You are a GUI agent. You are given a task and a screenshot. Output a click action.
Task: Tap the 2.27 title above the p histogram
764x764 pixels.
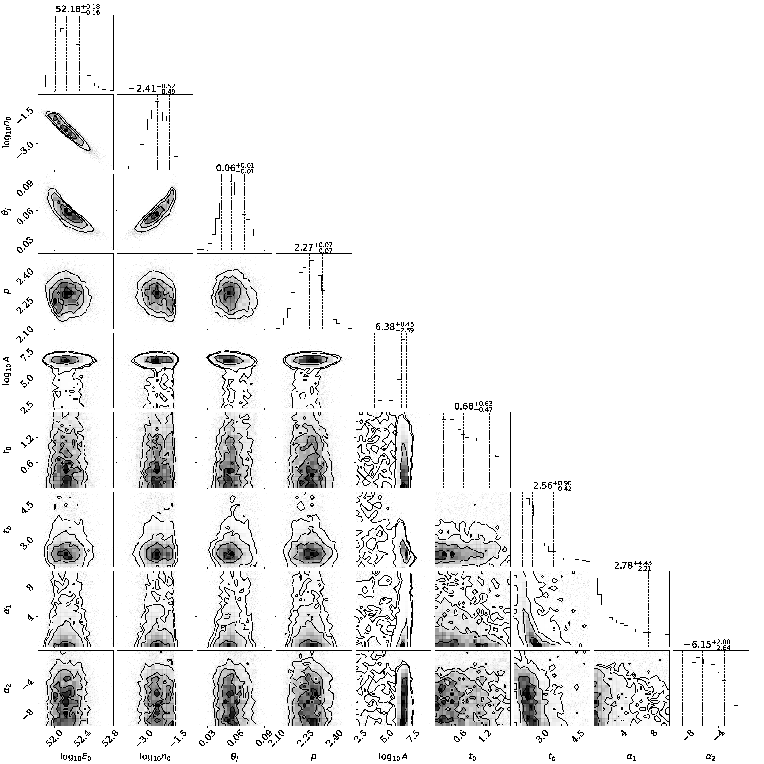tap(303, 248)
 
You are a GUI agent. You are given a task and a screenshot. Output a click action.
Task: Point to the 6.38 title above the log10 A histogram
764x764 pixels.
tap(384, 327)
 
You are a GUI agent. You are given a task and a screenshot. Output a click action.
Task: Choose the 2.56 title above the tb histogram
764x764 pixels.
tap(542, 486)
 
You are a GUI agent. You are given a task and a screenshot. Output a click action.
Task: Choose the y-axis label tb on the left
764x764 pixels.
tap(7, 529)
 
